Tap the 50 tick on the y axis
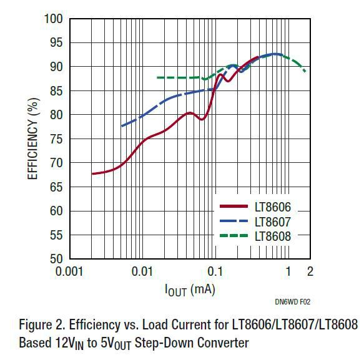click(56, 259)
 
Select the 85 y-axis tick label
click(56, 91)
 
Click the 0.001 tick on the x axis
click(70, 271)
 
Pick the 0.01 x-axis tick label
click(143, 271)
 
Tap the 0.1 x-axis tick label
click(215, 271)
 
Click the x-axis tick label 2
click(310, 271)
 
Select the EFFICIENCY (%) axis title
click(31, 139)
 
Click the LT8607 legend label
click(272, 221)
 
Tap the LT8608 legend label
click(272, 235)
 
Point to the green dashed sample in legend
click(235, 235)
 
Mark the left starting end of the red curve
click(92, 173)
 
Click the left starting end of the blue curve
click(122, 126)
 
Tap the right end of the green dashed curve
click(305, 71)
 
